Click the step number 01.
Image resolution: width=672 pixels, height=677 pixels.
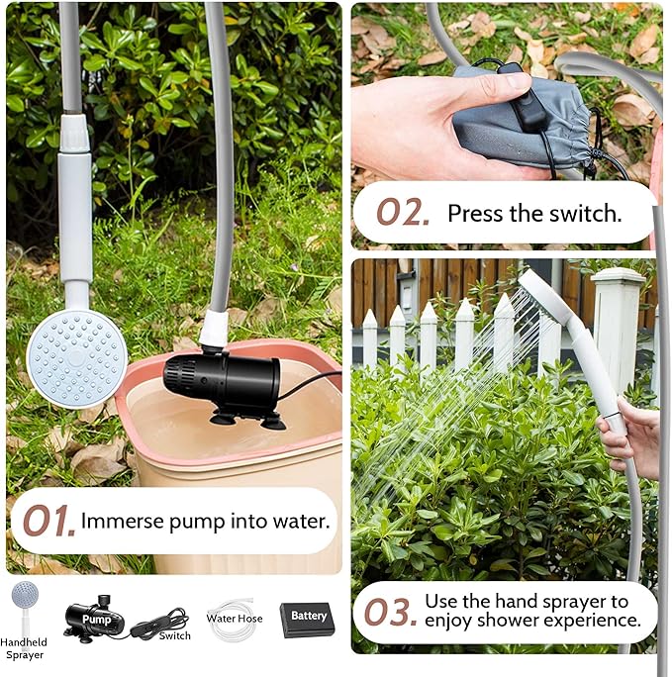click(49, 521)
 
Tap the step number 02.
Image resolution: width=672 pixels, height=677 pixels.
click(403, 212)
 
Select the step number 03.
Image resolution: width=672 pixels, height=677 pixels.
click(391, 612)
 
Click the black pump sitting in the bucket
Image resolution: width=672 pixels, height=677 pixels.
click(222, 380)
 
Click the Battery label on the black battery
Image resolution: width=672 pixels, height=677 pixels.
click(309, 616)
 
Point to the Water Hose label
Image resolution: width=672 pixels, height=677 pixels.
click(235, 619)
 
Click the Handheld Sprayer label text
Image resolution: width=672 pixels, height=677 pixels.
click(24, 648)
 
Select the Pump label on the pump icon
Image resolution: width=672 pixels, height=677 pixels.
click(97, 620)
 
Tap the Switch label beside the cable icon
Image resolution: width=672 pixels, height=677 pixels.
click(175, 635)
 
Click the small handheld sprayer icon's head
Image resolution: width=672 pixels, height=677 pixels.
click(25, 593)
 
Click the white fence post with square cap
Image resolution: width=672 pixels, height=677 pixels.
click(618, 329)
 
